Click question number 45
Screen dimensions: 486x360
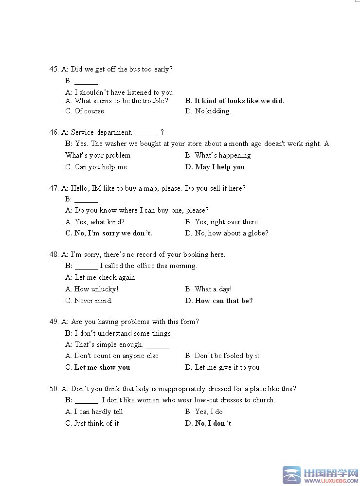54,69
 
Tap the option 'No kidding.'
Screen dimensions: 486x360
208,111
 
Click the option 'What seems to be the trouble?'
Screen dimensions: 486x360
117,101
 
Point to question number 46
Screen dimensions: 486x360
54,132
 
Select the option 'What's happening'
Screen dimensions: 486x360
217,155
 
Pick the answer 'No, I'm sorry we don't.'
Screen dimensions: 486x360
108,233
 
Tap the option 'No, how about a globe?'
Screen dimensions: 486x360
226,233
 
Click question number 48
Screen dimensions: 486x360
54,254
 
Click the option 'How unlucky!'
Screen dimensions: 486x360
92,289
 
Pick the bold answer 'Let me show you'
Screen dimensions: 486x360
97,367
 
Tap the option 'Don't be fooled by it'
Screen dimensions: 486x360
222,356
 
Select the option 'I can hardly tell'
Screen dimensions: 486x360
94,412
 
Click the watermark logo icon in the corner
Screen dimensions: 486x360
292,475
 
